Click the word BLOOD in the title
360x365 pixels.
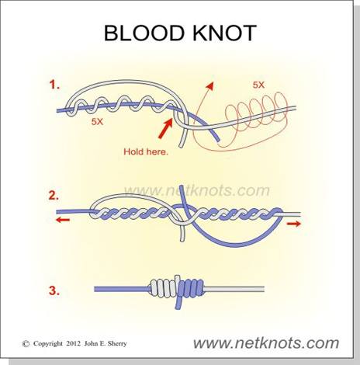pyautogui.click(x=144, y=33)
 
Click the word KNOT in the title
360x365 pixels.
pyautogui.click(x=224, y=33)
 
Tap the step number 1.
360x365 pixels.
pyautogui.click(x=54, y=85)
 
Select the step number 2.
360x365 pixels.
pyautogui.click(x=54, y=196)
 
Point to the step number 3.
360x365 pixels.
pyautogui.click(x=54, y=290)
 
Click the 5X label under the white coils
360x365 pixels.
pyautogui.click(x=97, y=122)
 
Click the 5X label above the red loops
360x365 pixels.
pyautogui.click(x=258, y=85)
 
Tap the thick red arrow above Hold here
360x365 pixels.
pyautogui.click(x=165, y=127)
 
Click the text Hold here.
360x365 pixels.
pyautogui.click(x=146, y=151)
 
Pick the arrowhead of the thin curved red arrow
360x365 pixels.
pyautogui.click(x=210, y=85)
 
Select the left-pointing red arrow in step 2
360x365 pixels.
pyautogui.click(x=63, y=220)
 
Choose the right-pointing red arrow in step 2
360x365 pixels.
pyautogui.click(x=294, y=224)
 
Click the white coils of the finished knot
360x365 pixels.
pyautogui.click(x=164, y=287)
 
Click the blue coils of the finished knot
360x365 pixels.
pyautogui.click(x=191, y=287)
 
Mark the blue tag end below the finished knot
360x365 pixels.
pyautogui.click(x=179, y=302)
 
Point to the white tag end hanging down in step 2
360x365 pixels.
pyautogui.click(x=182, y=233)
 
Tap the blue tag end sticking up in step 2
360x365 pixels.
pyautogui.click(x=184, y=195)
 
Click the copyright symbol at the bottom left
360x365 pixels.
pyautogui.click(x=26, y=344)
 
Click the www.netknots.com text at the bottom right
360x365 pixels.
pyautogui.click(x=266, y=343)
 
